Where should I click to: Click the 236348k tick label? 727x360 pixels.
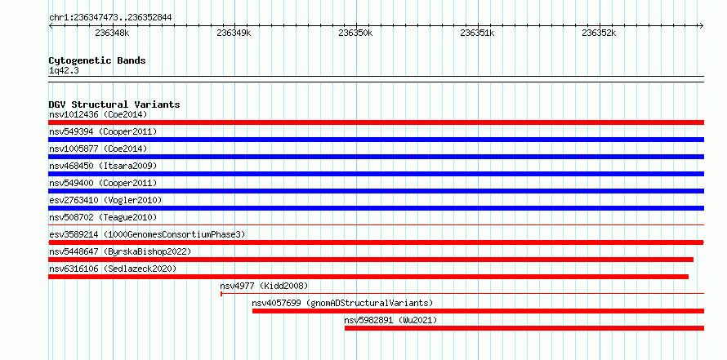[112, 33]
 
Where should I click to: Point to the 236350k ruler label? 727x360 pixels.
[355, 33]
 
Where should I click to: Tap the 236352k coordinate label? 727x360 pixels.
[599, 33]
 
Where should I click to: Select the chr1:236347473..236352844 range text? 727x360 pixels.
[110, 18]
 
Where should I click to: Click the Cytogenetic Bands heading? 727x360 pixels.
[97, 60]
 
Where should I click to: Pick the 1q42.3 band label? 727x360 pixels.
[64, 71]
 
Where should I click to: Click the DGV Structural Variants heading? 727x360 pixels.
[114, 104]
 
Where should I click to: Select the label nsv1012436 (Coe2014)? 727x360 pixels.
[98, 114]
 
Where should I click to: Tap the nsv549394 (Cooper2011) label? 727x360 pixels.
[103, 131]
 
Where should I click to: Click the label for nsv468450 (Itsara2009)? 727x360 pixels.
[103, 166]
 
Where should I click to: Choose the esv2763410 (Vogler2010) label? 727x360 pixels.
[105, 200]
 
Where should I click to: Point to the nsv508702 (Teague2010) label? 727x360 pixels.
[103, 217]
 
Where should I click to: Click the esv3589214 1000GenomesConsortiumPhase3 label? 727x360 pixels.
[147, 234]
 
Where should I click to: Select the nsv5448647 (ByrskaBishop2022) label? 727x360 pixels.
[120, 251]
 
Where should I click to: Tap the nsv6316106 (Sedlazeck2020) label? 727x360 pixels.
[113, 269]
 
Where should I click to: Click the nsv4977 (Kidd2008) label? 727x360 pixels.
[264, 286]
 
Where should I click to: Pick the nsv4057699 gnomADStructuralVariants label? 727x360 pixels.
[342, 303]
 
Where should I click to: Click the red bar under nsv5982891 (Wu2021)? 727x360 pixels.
[524, 328]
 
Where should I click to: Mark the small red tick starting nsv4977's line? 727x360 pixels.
[221, 294]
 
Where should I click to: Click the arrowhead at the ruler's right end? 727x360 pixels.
[702, 26]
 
